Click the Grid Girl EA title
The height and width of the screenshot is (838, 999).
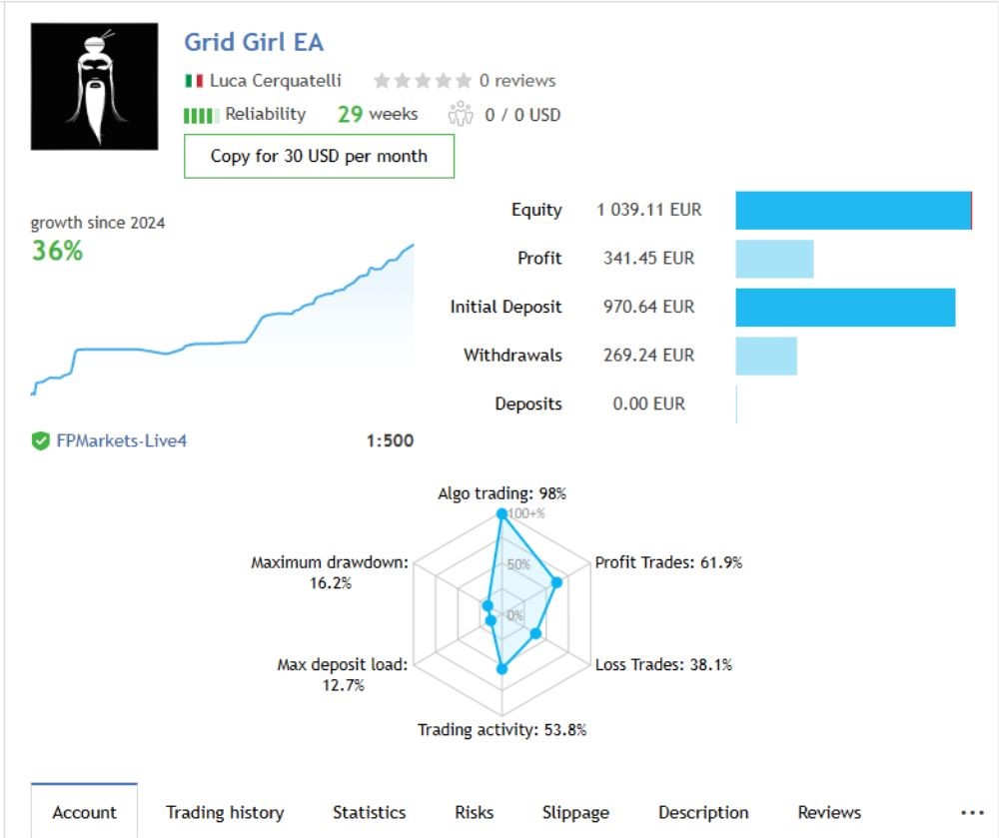[254, 43]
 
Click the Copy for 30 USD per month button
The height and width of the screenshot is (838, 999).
[319, 156]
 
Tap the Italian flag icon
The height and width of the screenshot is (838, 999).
[194, 81]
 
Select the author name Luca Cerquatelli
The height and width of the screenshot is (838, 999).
[275, 81]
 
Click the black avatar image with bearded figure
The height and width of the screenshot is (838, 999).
[94, 86]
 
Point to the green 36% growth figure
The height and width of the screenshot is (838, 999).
[57, 251]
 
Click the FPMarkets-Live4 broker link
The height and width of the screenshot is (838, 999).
[121, 440]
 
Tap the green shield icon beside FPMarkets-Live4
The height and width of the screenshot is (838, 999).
[41, 440]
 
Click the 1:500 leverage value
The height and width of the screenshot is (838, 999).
[390, 440]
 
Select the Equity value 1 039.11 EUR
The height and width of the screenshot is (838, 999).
[648, 210]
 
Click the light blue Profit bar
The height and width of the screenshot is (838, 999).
[774, 259]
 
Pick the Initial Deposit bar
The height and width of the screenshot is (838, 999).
[845, 308]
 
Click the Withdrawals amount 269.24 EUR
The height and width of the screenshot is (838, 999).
[648, 356]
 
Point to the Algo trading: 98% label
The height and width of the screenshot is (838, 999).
[501, 493]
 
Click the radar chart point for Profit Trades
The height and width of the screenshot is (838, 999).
[557, 582]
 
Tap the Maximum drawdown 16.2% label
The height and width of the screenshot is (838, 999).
[330, 572]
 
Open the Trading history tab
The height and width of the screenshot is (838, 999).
[225, 812]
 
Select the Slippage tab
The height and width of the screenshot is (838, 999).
[575, 812]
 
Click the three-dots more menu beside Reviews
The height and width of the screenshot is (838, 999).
[972, 812]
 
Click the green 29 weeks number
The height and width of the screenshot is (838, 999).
[350, 114]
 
